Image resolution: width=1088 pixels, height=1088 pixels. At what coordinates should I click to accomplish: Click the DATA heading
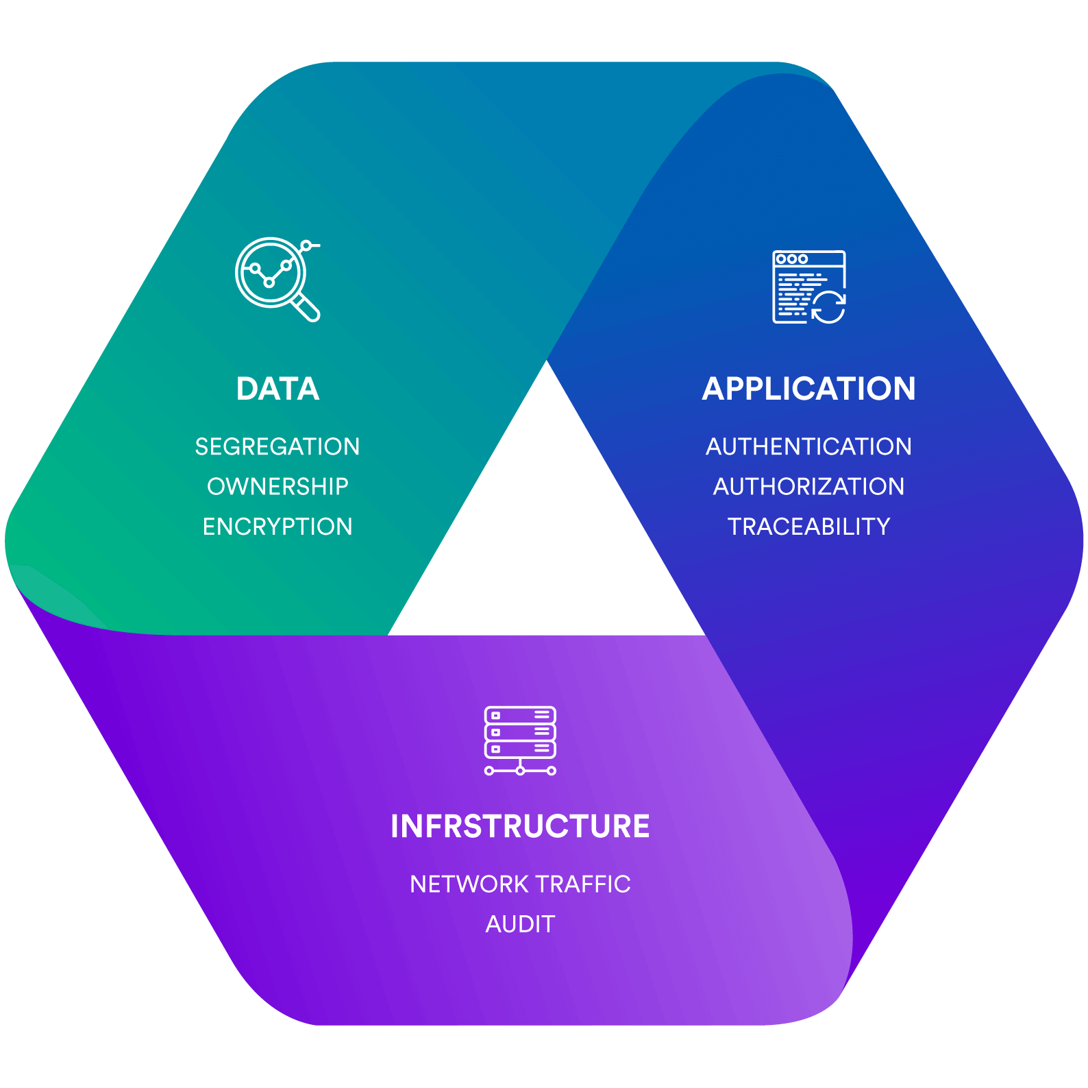point(277,389)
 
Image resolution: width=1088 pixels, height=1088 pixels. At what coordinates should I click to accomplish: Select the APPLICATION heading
point(808,389)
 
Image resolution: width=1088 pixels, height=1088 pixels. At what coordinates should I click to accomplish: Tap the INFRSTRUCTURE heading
point(520,826)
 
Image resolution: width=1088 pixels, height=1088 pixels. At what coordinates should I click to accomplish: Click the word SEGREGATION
point(277,446)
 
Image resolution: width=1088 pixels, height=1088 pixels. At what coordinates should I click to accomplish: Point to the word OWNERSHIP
point(277,486)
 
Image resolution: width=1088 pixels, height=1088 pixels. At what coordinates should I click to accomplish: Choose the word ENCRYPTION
point(277,527)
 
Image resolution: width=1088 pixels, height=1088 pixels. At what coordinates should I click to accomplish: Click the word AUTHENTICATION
point(808,446)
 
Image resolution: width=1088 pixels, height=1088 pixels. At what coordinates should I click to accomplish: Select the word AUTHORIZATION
point(808,486)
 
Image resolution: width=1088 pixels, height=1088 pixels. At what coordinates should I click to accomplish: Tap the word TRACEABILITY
point(808,527)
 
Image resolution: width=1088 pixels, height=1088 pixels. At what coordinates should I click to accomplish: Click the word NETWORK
point(460,884)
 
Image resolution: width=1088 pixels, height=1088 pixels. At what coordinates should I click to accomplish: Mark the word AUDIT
point(520,924)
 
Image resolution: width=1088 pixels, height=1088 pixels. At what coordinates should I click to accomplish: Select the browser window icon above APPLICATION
point(802,285)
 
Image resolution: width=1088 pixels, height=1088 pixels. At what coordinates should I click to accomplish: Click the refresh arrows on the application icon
point(828,306)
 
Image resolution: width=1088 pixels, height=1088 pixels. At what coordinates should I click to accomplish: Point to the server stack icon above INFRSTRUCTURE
point(520,732)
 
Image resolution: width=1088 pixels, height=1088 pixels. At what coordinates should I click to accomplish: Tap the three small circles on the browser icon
point(792,259)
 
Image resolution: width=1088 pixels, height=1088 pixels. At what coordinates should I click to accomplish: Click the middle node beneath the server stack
point(520,771)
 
